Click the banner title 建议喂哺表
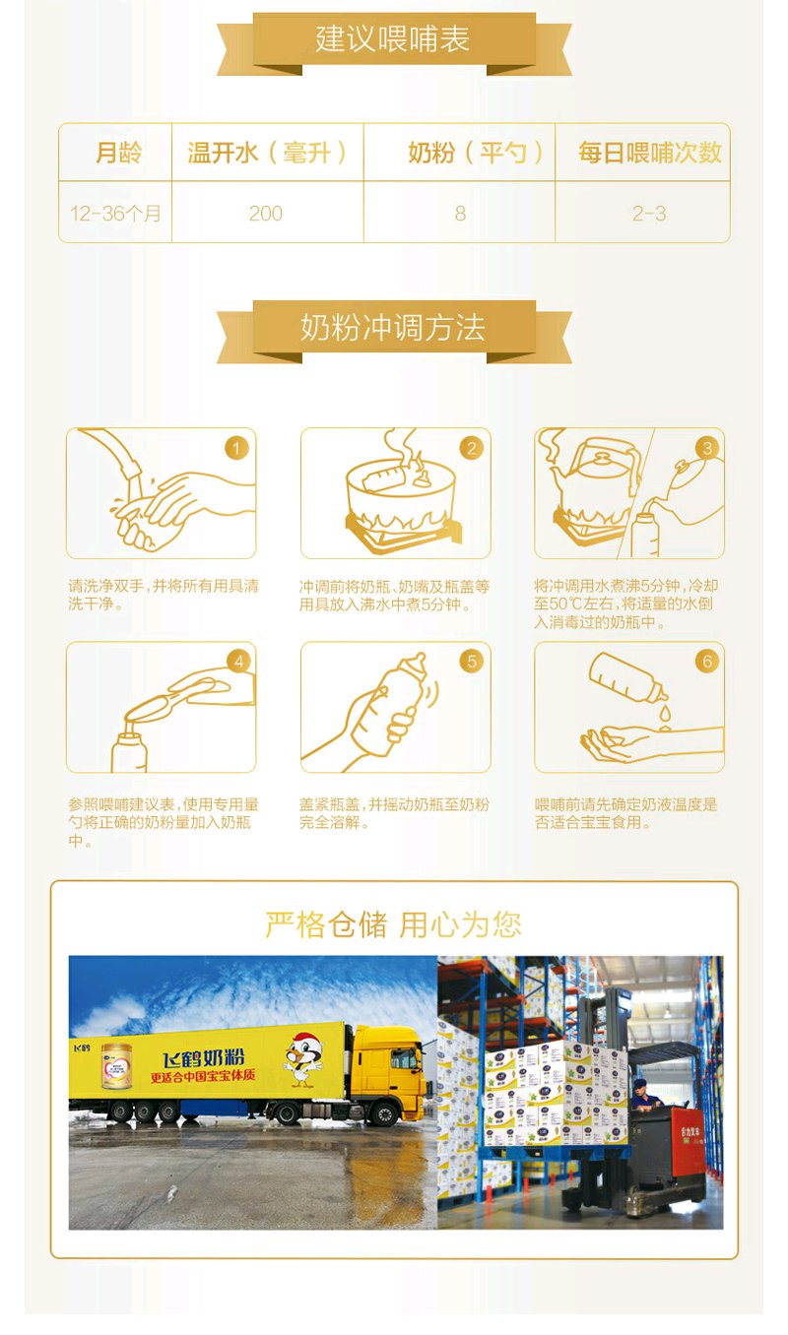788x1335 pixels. tap(393, 38)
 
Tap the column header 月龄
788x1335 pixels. tap(118, 153)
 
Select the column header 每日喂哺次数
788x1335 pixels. tap(650, 153)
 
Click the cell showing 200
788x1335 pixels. tap(266, 214)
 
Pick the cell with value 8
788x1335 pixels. tap(460, 214)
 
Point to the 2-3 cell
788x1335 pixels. tap(649, 214)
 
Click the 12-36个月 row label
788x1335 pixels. tap(115, 214)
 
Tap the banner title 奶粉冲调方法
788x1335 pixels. tap(393, 328)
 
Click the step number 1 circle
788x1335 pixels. tap(236, 448)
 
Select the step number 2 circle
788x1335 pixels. tap(472, 448)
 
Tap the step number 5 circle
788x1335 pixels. tap(472, 661)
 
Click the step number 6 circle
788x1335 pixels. tap(707, 661)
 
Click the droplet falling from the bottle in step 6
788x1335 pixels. tap(665, 713)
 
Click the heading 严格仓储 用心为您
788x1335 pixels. tap(393, 925)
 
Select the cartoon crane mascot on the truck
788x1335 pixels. tap(304, 1060)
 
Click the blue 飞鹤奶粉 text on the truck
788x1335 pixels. tap(203, 1059)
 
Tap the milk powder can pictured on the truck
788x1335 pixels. tap(117, 1066)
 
